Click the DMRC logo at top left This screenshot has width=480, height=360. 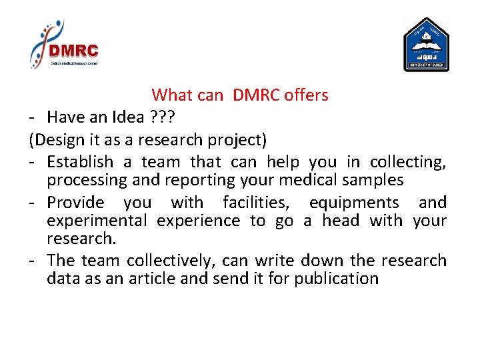coord(65,45)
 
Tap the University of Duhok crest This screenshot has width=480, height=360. coord(426,45)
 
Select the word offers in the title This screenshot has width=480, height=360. coord(306,95)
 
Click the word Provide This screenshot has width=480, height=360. coord(75,203)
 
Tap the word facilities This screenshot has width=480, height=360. coord(259,203)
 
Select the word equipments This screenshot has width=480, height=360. coord(354,203)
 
